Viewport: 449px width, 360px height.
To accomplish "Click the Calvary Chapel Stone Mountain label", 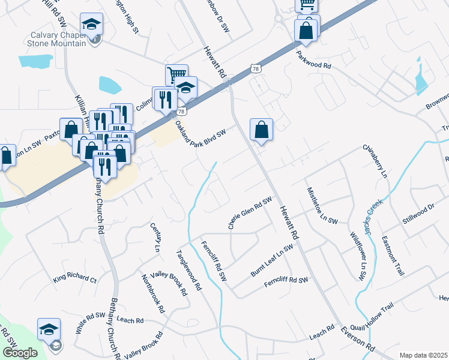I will coord(58,38).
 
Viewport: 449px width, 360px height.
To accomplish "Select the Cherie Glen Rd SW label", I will coord(250,213).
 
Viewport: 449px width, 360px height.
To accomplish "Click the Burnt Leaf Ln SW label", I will coord(272,261).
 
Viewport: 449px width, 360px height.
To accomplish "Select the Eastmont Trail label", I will coord(393,255).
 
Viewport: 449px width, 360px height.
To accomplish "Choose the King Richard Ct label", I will coord(74,279).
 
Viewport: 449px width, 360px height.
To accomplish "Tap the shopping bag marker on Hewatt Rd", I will coord(261,129).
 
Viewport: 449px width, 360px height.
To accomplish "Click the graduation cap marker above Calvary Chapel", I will coord(92,24).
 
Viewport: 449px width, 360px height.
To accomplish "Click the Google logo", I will coord(20,352).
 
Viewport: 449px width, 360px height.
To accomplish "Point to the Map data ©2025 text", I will coord(423,355).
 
